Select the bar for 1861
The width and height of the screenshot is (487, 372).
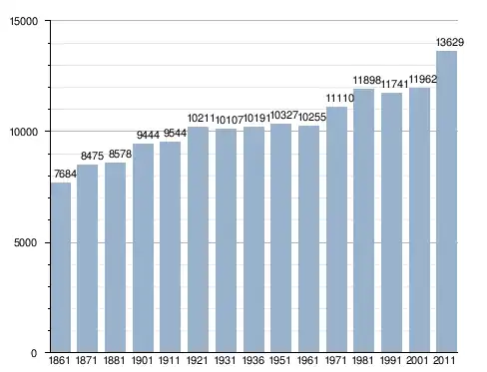coord(61,267)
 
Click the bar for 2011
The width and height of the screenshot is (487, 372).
coord(446,201)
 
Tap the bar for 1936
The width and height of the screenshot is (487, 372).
coord(253,239)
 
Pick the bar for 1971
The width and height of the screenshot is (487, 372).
coord(336,229)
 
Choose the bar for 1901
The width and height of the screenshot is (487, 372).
coord(143,248)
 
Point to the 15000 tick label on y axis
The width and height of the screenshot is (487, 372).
coord(24,21)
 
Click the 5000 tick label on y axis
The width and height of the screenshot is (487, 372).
coord(25,242)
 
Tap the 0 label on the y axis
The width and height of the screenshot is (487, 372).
coord(34,353)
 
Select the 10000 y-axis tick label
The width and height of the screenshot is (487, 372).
coord(24,132)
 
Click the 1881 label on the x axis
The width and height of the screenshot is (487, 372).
coord(114,360)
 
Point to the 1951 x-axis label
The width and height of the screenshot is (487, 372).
coord(279,360)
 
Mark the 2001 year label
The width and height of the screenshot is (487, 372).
coord(417,360)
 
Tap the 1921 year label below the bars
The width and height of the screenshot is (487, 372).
coord(197,360)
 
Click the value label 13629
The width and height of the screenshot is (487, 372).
coord(450,42)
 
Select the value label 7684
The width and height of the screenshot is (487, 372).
coord(65,174)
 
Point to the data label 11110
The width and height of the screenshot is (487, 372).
coord(340,98)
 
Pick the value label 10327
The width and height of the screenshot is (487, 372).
coord(284,115)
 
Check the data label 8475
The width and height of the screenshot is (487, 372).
coord(92,156)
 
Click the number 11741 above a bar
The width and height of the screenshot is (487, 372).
coord(394,85)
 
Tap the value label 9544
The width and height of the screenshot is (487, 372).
coord(175,134)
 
